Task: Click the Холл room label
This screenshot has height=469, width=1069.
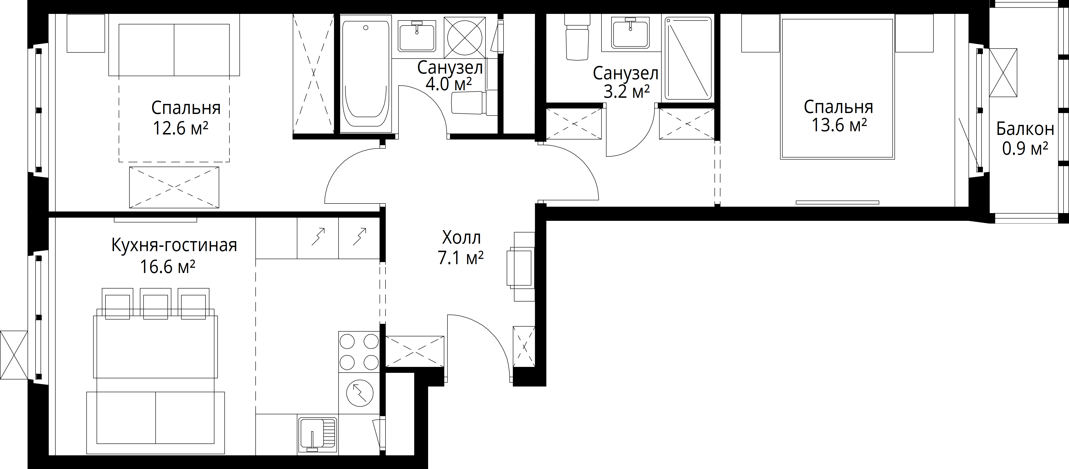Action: click(461, 238)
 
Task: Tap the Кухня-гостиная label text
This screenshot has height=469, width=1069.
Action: click(174, 245)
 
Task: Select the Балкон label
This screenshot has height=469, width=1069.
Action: click(1025, 129)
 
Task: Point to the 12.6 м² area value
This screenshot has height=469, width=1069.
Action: click(180, 128)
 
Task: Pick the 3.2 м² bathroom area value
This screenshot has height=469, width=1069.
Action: click(626, 91)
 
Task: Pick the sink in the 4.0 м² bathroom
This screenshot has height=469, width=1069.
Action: click(417, 36)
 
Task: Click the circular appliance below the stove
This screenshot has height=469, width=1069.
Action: click(359, 393)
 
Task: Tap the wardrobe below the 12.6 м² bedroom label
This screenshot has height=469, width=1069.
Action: click(174, 187)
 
